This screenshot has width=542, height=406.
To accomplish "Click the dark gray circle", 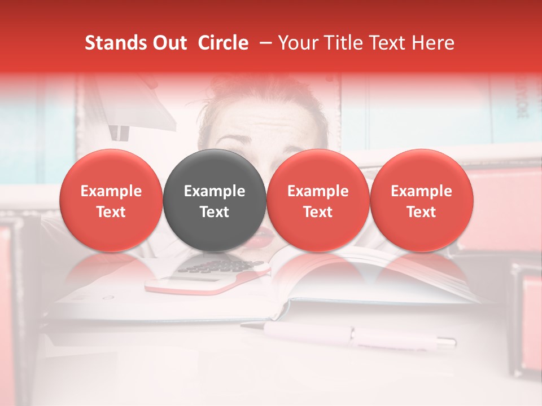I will [x=215, y=200].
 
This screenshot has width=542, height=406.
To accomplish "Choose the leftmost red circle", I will [x=111, y=200].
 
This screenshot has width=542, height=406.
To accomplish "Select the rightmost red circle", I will [x=421, y=200].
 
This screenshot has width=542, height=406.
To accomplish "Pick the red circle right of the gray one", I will [x=318, y=200].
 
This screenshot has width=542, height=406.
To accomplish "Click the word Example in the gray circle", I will [x=215, y=191].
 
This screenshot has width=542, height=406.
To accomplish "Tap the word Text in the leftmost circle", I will [x=111, y=212].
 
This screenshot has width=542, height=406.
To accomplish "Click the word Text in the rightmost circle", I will [x=421, y=212].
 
